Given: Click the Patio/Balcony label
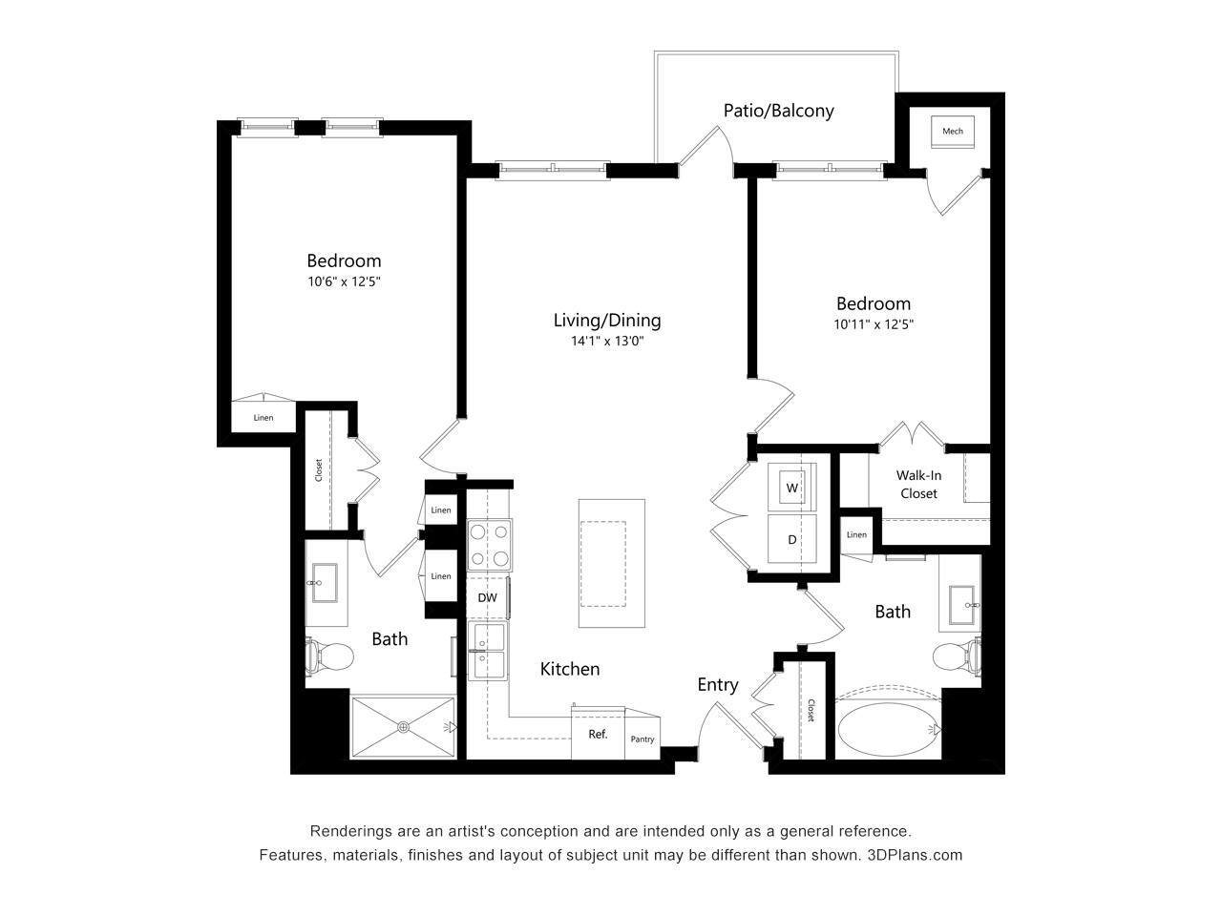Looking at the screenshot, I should click(778, 111).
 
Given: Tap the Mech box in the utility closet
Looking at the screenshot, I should click(952, 132).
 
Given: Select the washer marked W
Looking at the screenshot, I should click(792, 488).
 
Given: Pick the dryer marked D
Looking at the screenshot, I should click(792, 540).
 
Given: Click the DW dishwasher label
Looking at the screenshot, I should click(487, 598).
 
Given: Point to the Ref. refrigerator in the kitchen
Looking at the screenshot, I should click(598, 735).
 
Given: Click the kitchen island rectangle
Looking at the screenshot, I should click(611, 563).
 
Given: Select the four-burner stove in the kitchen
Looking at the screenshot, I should click(489, 545).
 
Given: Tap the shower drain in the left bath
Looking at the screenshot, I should click(404, 727).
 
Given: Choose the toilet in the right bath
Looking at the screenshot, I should click(956, 657).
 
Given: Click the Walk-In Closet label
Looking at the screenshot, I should click(916, 485).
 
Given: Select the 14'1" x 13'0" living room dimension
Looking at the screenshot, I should click(607, 341).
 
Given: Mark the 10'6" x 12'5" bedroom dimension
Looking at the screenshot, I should click(344, 281).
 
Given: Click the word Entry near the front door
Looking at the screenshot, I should click(717, 684).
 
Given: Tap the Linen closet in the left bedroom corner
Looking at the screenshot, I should click(263, 418).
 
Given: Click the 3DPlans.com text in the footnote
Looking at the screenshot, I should click(915, 855).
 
